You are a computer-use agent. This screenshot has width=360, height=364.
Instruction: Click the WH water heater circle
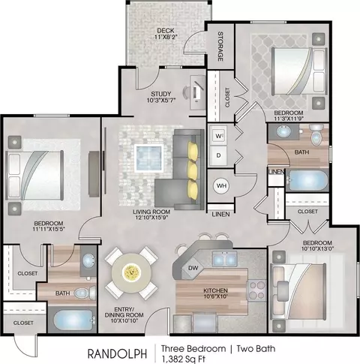pyautogui.click(x=221, y=185)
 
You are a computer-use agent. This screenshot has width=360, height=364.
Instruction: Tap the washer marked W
pyautogui.click(x=218, y=136)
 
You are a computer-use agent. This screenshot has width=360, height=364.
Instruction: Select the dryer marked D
pyautogui.click(x=218, y=155)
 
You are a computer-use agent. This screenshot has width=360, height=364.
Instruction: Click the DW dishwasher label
pyautogui.click(x=193, y=268)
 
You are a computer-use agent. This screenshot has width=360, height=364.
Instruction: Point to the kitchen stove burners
pyautogui.click(x=256, y=290)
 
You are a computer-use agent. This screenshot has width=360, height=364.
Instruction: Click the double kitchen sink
pyautogui.click(x=225, y=259)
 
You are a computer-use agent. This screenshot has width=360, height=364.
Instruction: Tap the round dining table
pyautogui.click(x=131, y=272)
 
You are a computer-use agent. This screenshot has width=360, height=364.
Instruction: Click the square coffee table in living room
pyautogui.click(x=149, y=158)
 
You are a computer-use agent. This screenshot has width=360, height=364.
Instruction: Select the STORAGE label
pyautogui.click(x=220, y=47)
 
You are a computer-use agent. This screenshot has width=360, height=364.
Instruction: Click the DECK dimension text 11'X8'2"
pyautogui.click(x=166, y=37)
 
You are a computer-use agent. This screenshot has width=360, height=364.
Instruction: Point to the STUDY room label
pyautogui.click(x=161, y=94)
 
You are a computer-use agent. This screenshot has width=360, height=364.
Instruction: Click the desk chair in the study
pyautogui.click(x=187, y=93)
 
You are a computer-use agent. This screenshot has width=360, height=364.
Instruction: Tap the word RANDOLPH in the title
pyautogui.click(x=117, y=353)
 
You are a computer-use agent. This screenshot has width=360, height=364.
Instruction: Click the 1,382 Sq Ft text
pyautogui.click(x=183, y=359)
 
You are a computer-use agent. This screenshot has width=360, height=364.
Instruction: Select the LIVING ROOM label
pyautogui.click(x=151, y=212)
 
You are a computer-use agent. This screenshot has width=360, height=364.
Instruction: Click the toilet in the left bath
pyautogui.click(x=85, y=293)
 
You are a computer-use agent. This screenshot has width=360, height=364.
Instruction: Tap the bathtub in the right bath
pyautogui.click(x=307, y=180)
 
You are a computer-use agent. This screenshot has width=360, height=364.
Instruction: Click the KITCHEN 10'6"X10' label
pyautogui.click(x=215, y=293)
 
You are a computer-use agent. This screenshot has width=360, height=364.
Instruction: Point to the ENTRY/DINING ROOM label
pyautogui.click(x=124, y=314)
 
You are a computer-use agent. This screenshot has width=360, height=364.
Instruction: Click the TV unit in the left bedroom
pyautogui.click(x=94, y=173)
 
